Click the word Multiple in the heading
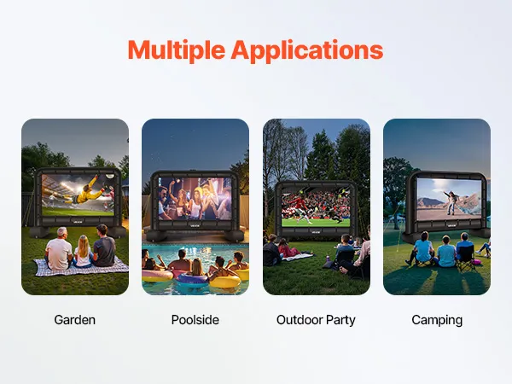177,50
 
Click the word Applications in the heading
307,50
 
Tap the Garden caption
75,320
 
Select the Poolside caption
195,320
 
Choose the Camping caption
437,321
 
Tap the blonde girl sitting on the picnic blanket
83,252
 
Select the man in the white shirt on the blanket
60,249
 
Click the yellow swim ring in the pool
226,281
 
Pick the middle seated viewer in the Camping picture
445,252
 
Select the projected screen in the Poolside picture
195,199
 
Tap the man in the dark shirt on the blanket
103,246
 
